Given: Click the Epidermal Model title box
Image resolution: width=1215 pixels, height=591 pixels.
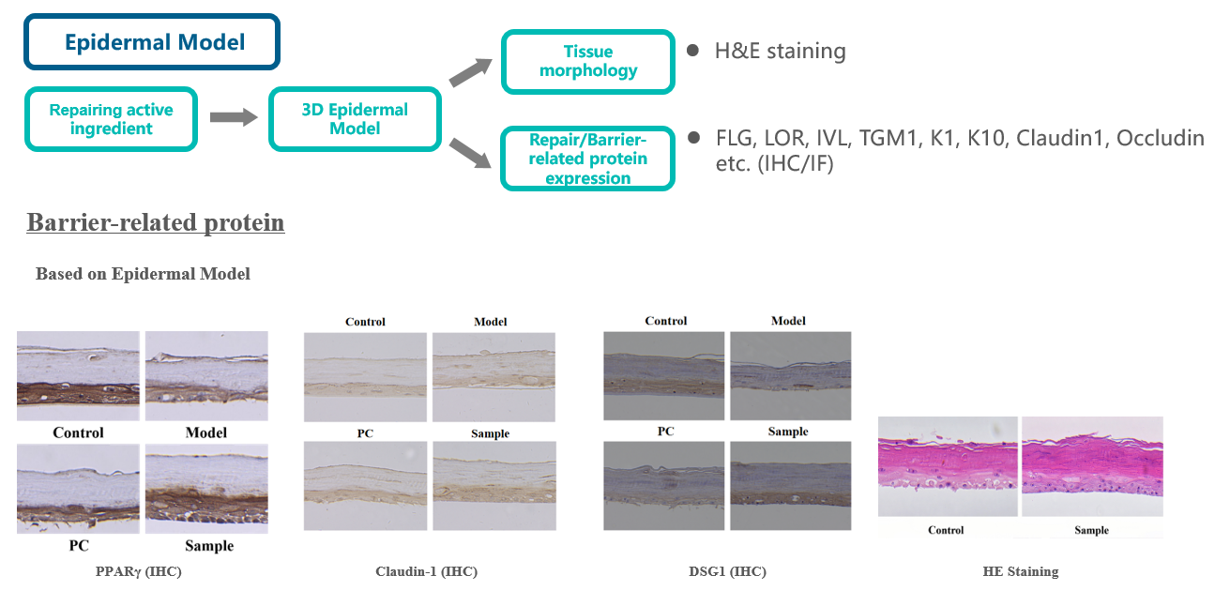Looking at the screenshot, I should pos(152,41).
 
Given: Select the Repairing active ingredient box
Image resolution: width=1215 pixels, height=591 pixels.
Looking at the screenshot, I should pos(111,118).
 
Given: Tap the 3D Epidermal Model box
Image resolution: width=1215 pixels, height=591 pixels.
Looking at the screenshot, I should pos(355,118).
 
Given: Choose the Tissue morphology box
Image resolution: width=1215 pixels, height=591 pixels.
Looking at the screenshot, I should pos(587,61).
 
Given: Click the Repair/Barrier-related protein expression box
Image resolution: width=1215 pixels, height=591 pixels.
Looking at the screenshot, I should pos(587,159).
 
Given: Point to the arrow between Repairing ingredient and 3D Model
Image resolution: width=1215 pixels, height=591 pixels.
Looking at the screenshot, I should pos(233,117).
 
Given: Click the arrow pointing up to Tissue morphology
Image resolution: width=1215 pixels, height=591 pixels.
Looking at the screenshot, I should pos(470,71).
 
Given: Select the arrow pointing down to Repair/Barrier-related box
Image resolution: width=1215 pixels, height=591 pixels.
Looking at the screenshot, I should pos(470,152).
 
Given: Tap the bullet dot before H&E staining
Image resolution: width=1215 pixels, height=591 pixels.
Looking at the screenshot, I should pos(692,50).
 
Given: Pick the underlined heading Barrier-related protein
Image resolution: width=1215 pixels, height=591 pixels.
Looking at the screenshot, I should pos(156,223).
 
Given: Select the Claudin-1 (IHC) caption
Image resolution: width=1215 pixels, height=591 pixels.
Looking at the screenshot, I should pos(419,571).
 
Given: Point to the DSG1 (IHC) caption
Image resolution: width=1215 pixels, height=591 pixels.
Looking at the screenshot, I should pos(726,571).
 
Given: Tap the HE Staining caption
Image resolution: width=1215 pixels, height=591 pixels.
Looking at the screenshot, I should pos(1020,571).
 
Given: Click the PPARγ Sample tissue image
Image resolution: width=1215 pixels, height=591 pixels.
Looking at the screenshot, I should pos(206,488).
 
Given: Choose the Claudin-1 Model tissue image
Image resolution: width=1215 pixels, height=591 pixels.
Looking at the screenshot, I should pos(494,375).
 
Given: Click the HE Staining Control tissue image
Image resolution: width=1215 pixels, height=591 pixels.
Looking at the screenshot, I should pos(948,466).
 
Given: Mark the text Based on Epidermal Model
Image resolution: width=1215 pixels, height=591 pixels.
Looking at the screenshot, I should pos(143,274).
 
